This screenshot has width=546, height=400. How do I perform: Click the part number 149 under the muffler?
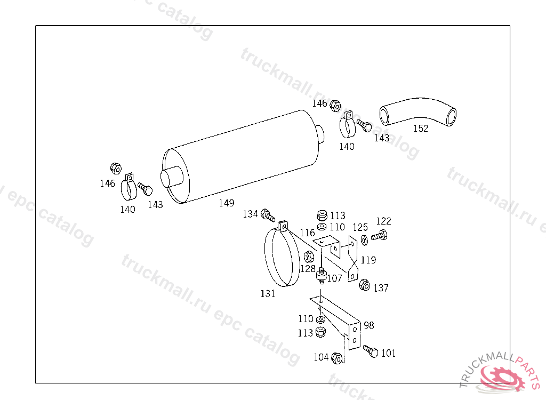pos(227,203)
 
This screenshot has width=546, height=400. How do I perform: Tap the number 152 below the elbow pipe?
pos(421,128)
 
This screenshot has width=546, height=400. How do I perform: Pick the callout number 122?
pos(383,221)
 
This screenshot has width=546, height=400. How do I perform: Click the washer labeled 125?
pos(364,240)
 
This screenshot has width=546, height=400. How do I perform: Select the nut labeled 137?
pos(364,285)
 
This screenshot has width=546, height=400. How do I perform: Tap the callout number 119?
pos(368,260)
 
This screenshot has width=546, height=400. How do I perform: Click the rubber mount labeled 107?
pos(322,276)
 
